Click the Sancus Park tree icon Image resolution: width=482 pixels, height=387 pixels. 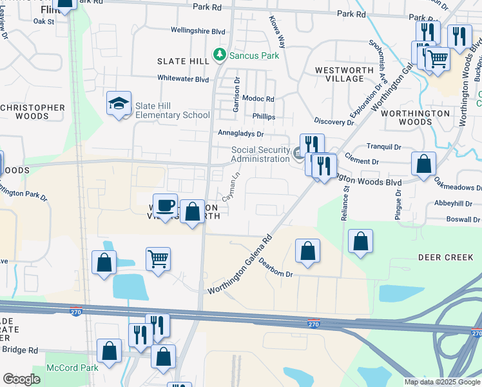coord(220,55)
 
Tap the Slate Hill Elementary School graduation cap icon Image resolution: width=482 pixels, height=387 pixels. coord(119,104)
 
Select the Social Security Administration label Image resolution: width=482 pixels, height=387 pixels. coord(260,155)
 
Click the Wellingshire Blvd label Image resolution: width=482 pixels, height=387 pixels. coord(198,30)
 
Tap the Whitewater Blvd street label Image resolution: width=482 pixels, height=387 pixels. coord(184,79)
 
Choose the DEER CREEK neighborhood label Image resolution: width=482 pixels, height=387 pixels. coord(446,257)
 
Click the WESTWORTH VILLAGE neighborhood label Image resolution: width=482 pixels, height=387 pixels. coord(340,74)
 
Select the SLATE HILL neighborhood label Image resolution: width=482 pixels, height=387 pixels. coord(184,61)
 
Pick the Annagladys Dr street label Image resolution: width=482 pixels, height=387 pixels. coord(242,134)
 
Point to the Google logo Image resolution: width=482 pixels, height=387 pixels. coord(21,379)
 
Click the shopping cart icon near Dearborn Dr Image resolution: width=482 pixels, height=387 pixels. coord(158,259)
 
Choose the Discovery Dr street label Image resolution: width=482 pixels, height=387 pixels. coord(334,121)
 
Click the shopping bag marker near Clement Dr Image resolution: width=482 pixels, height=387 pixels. coord(424,164)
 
